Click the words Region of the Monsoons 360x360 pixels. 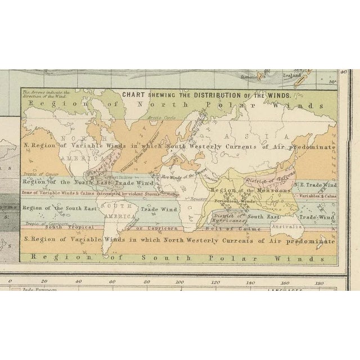tap(237, 191)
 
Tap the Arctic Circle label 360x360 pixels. tap(152, 117)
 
